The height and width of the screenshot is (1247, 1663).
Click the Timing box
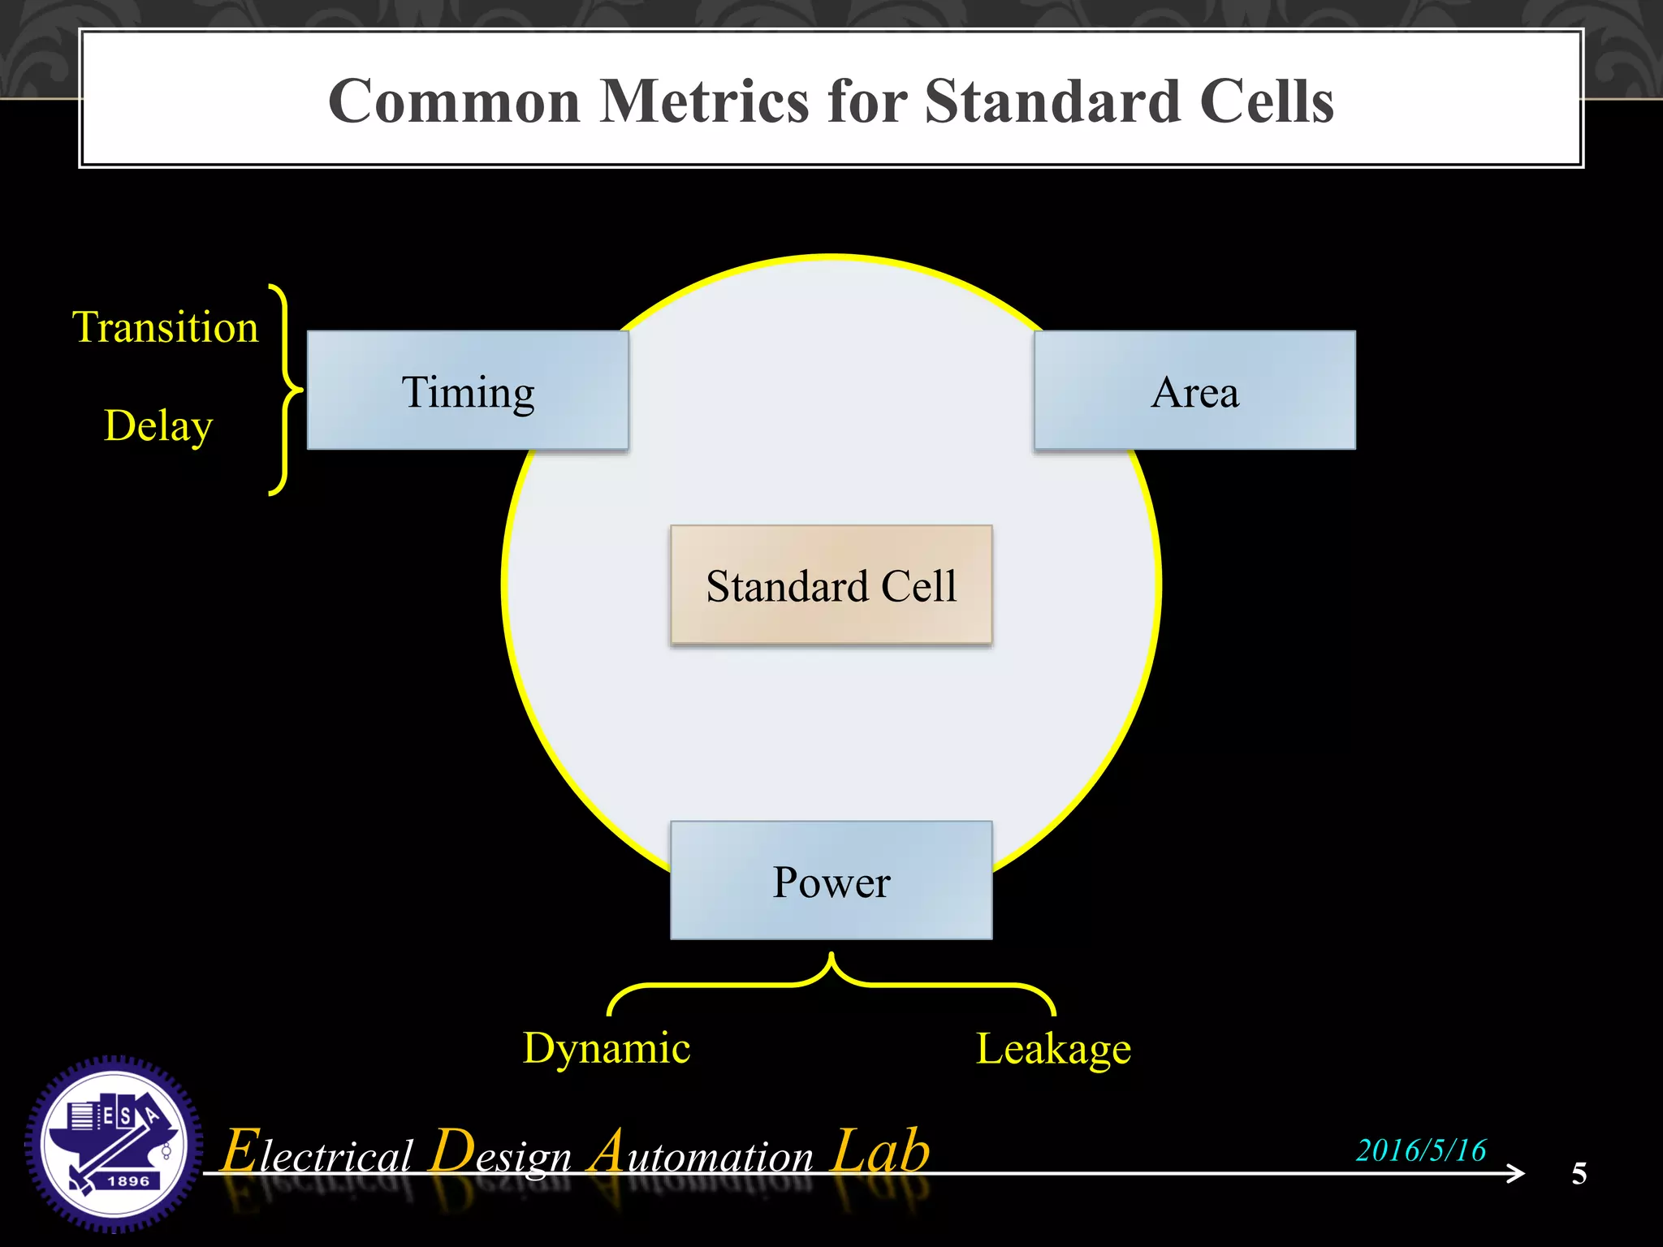pos(468,390)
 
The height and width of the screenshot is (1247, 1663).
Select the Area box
pos(1194,390)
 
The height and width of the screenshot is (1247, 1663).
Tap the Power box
pos(831,881)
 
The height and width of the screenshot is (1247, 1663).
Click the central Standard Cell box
pos(831,585)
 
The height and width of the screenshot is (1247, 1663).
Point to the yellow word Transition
pos(166,327)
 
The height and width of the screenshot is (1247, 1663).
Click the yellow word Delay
pos(158,425)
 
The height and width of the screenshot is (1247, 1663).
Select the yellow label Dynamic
pos(607,1047)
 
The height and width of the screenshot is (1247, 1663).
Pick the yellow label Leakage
pos(1053,1048)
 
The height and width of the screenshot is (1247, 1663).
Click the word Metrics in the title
pos(704,101)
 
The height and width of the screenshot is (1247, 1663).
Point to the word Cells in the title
pos(1266,101)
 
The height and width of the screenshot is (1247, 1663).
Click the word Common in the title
pos(454,101)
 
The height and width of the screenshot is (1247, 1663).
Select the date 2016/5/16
pos(1421,1150)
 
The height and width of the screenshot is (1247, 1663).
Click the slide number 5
pos(1579,1173)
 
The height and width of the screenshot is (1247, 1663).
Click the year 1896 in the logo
pos(128,1181)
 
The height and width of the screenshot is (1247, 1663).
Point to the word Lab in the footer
pos(881,1151)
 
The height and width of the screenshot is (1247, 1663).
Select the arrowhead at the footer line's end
pos(1515,1173)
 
